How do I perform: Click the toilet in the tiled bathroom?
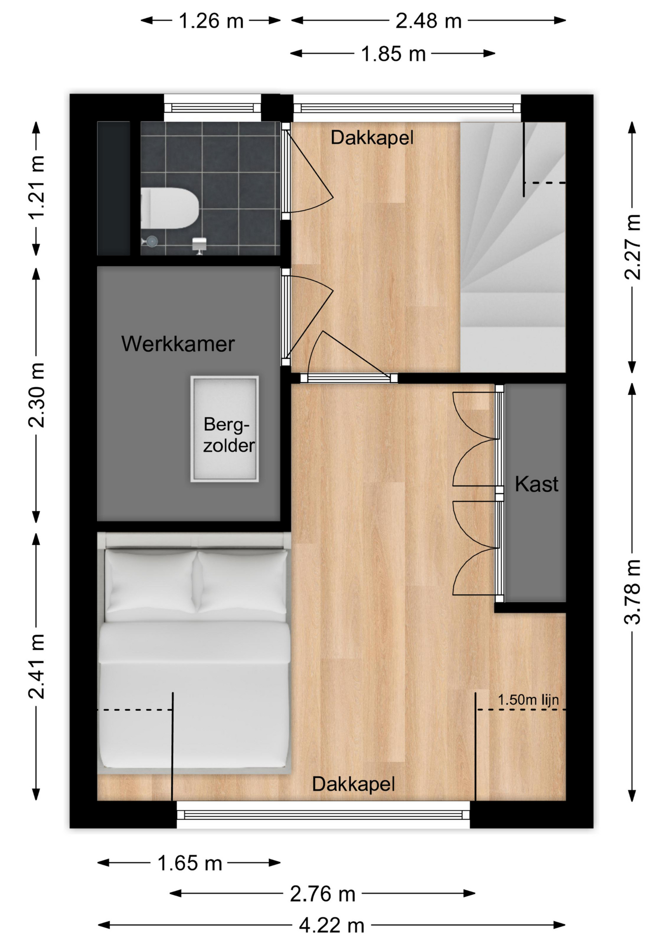coord(170,208)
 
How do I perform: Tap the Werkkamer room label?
coord(178,344)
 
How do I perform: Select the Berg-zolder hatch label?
coord(228,435)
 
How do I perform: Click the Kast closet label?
coord(536,484)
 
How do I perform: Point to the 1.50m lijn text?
coord(528,699)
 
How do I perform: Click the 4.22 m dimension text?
coord(332,926)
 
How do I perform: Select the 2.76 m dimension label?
coord(323,894)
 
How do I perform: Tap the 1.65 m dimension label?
coord(190,863)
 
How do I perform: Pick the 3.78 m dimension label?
coord(633,592)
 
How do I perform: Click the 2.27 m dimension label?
coord(633,247)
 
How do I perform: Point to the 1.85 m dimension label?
coord(393,54)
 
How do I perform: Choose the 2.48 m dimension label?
coord(428,21)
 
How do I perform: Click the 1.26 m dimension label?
coord(211,21)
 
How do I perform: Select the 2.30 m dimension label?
coord(36,395)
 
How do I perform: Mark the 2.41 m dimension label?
coord(36,666)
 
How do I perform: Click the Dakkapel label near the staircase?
coord(372,138)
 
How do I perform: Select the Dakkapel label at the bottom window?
coord(353,784)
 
